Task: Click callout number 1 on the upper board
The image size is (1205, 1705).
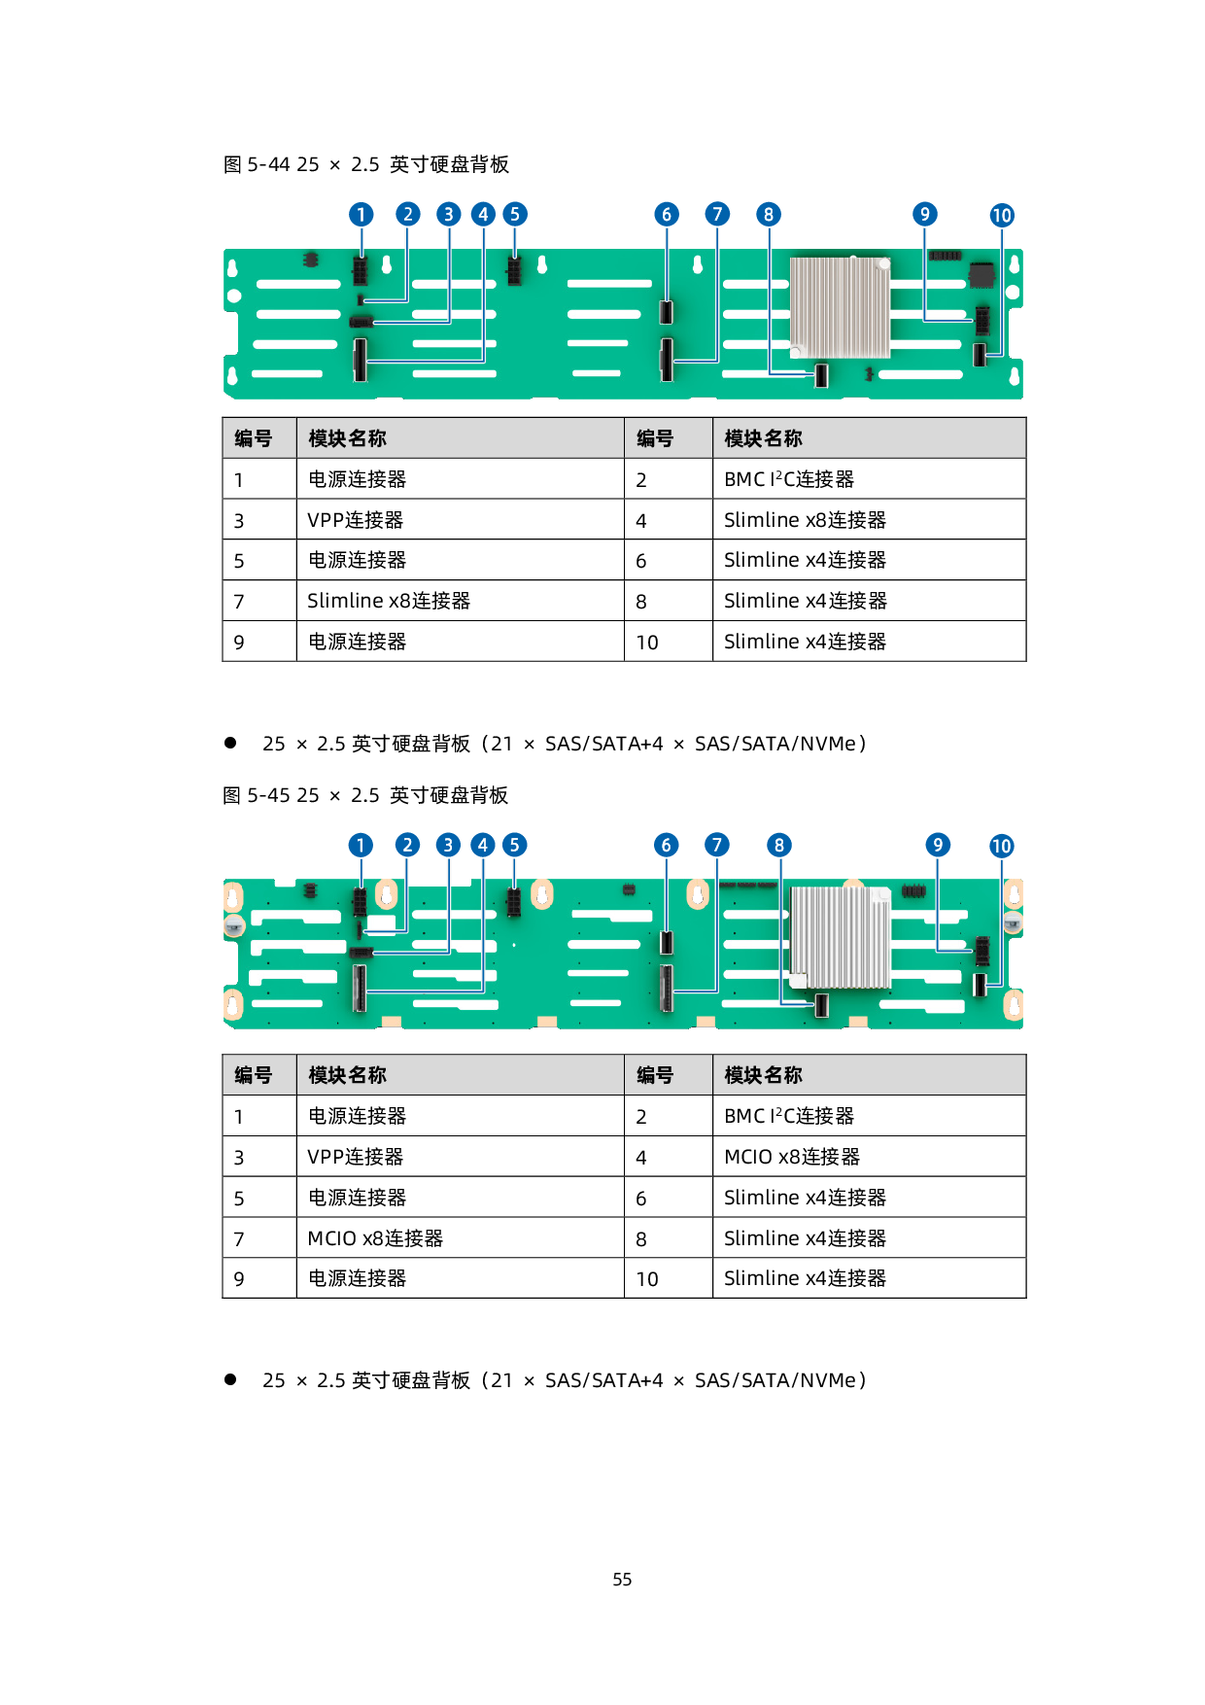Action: [x=361, y=214]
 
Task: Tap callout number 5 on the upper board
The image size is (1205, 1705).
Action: [x=515, y=214]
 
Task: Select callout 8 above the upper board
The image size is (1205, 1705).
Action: [x=769, y=214]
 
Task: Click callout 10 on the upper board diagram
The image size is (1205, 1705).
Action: [x=1002, y=215]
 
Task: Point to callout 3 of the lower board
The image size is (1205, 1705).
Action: [x=448, y=845]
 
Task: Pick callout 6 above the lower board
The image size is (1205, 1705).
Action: [x=667, y=845]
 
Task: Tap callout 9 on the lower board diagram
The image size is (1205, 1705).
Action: [x=938, y=845]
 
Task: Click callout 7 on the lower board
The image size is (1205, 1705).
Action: [x=717, y=845]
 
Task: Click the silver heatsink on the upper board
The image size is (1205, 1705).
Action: [x=841, y=307]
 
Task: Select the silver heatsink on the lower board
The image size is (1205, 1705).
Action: [x=841, y=937]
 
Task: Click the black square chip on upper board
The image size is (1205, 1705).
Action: [x=982, y=274]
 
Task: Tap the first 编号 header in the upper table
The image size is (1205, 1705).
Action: [x=254, y=438]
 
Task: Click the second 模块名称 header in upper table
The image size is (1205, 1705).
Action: [x=764, y=438]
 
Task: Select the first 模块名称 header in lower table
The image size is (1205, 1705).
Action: [x=348, y=1075]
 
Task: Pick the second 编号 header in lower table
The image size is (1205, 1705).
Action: [x=655, y=1075]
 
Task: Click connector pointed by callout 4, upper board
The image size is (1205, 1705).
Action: [x=361, y=360]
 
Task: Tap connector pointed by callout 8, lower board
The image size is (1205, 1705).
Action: [x=822, y=1005]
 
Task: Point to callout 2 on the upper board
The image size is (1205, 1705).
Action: [x=408, y=214]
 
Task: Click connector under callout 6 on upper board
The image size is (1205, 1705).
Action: [x=667, y=312]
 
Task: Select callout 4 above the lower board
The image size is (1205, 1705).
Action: [x=483, y=845]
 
